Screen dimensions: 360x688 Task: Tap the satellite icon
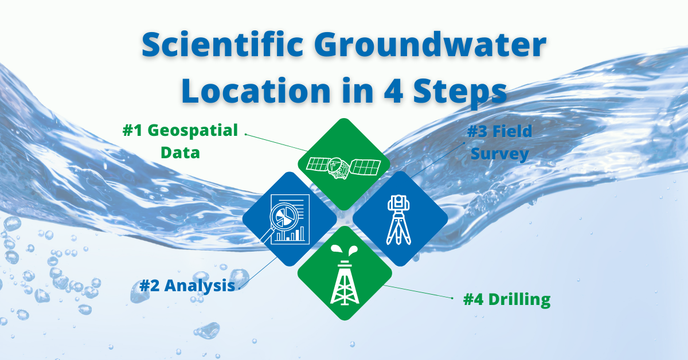point(343,165)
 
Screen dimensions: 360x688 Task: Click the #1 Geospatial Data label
point(180,141)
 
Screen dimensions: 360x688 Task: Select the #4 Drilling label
point(507,299)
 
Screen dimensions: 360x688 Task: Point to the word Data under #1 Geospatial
point(180,152)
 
